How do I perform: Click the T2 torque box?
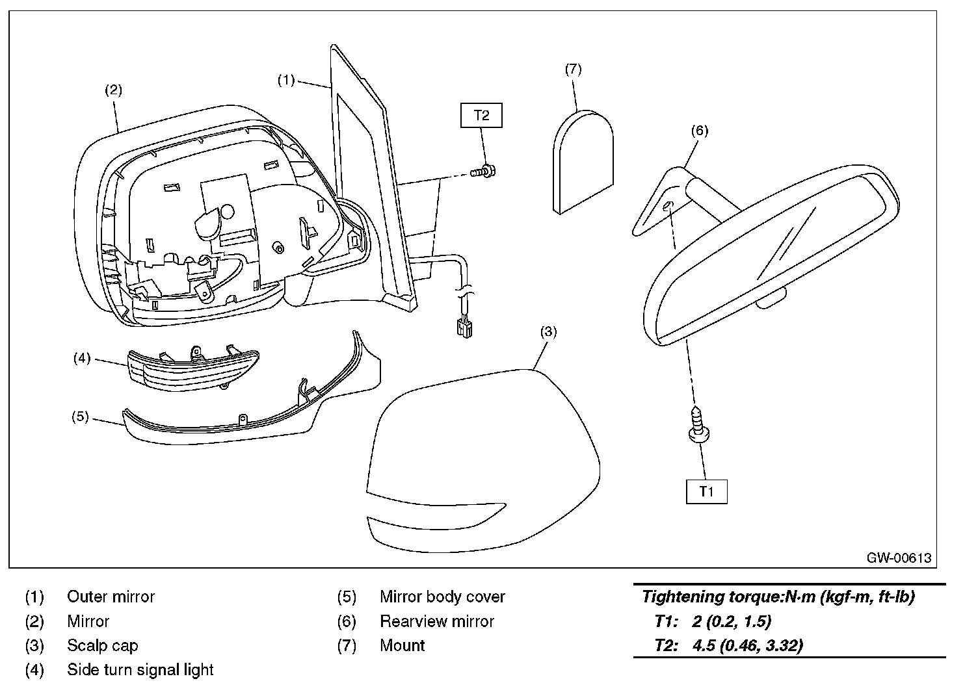(481, 116)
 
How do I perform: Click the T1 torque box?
(706, 491)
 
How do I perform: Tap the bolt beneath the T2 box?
(482, 172)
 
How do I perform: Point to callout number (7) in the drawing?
(573, 69)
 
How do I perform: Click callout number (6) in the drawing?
(698, 131)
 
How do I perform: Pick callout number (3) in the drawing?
(548, 331)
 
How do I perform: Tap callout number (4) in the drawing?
(81, 358)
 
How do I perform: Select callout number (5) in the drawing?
(80, 417)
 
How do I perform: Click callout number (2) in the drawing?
(113, 90)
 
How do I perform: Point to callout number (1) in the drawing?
(286, 80)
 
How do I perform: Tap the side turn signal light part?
(193, 368)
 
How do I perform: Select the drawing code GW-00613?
(898, 558)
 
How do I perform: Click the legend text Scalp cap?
(103, 645)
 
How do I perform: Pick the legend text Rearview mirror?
(437, 621)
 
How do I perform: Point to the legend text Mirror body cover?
(442, 597)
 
